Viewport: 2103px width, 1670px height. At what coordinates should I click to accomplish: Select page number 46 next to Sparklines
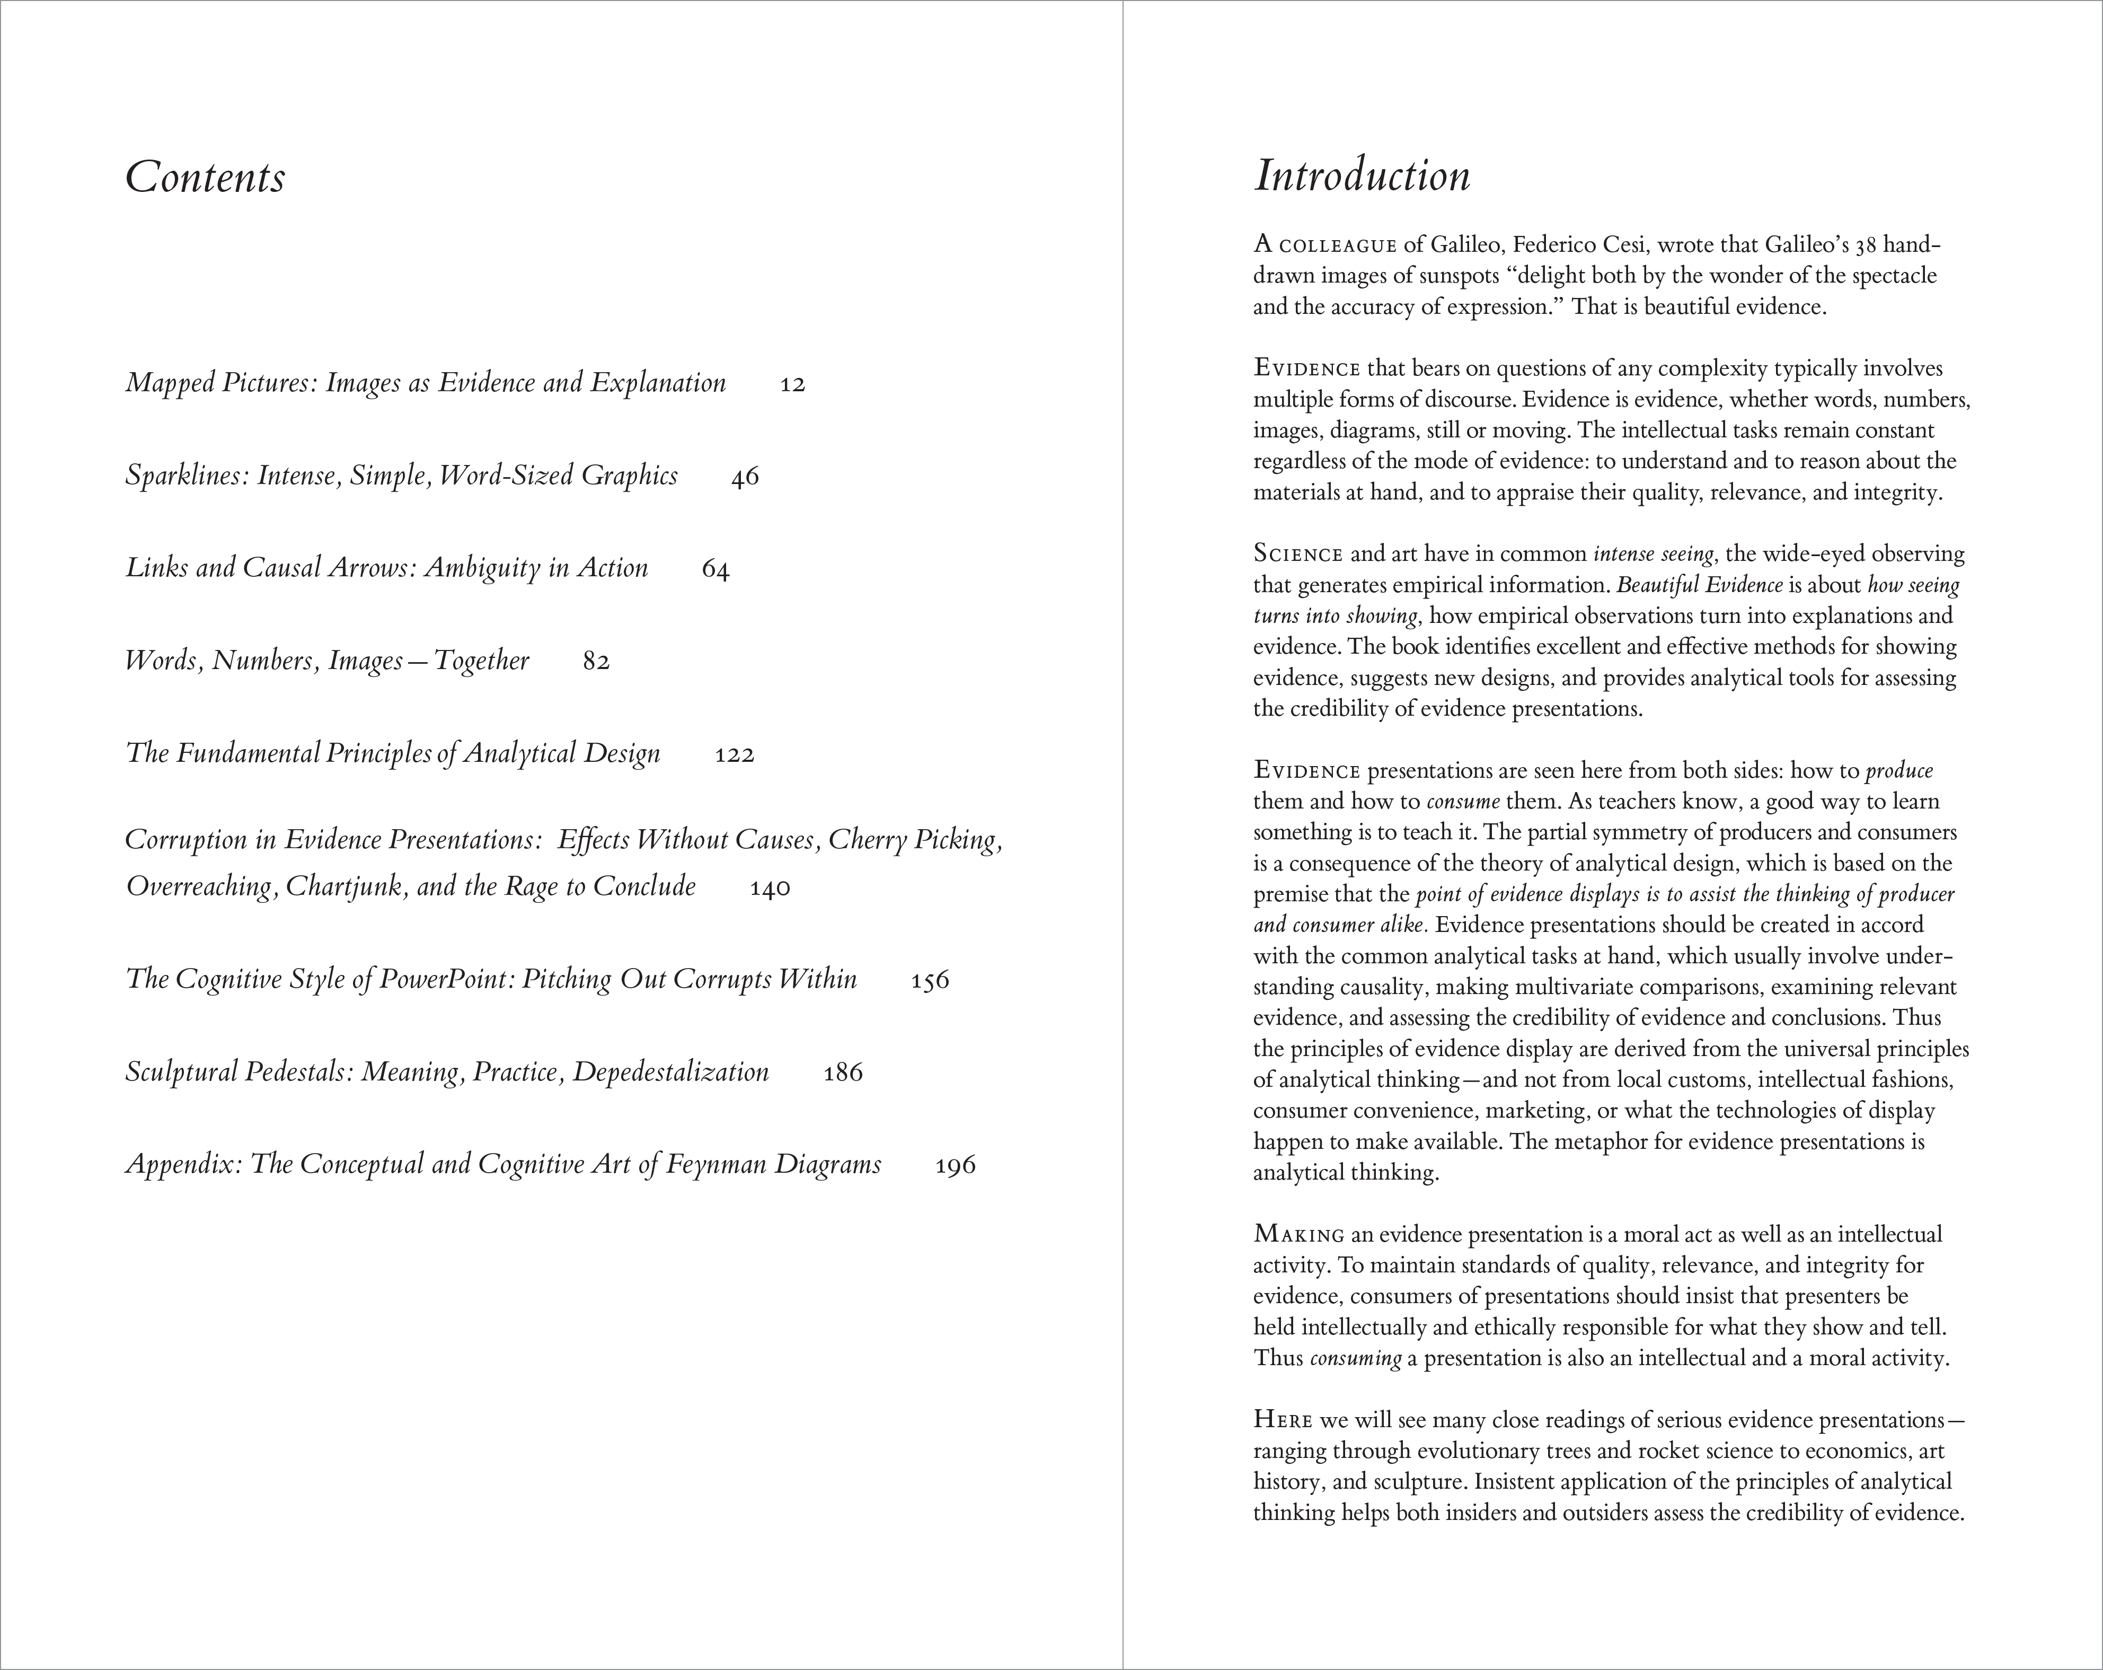[x=744, y=477]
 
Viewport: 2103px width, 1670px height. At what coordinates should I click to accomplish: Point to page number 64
[x=715, y=570]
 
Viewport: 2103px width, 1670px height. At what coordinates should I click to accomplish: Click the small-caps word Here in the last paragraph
[x=1283, y=1420]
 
